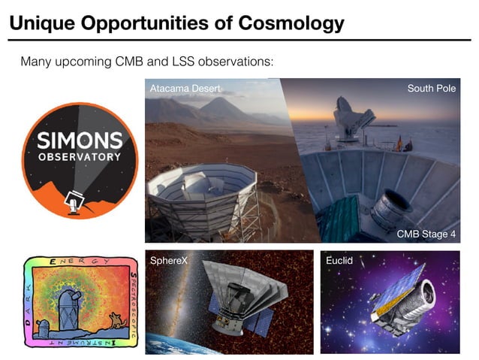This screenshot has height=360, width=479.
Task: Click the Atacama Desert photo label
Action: click(185, 89)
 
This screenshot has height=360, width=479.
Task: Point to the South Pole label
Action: click(431, 89)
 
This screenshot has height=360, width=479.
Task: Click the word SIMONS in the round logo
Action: click(80, 141)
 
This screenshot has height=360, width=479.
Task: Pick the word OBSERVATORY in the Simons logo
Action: click(80, 157)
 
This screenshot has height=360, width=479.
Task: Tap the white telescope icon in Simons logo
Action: click(74, 199)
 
